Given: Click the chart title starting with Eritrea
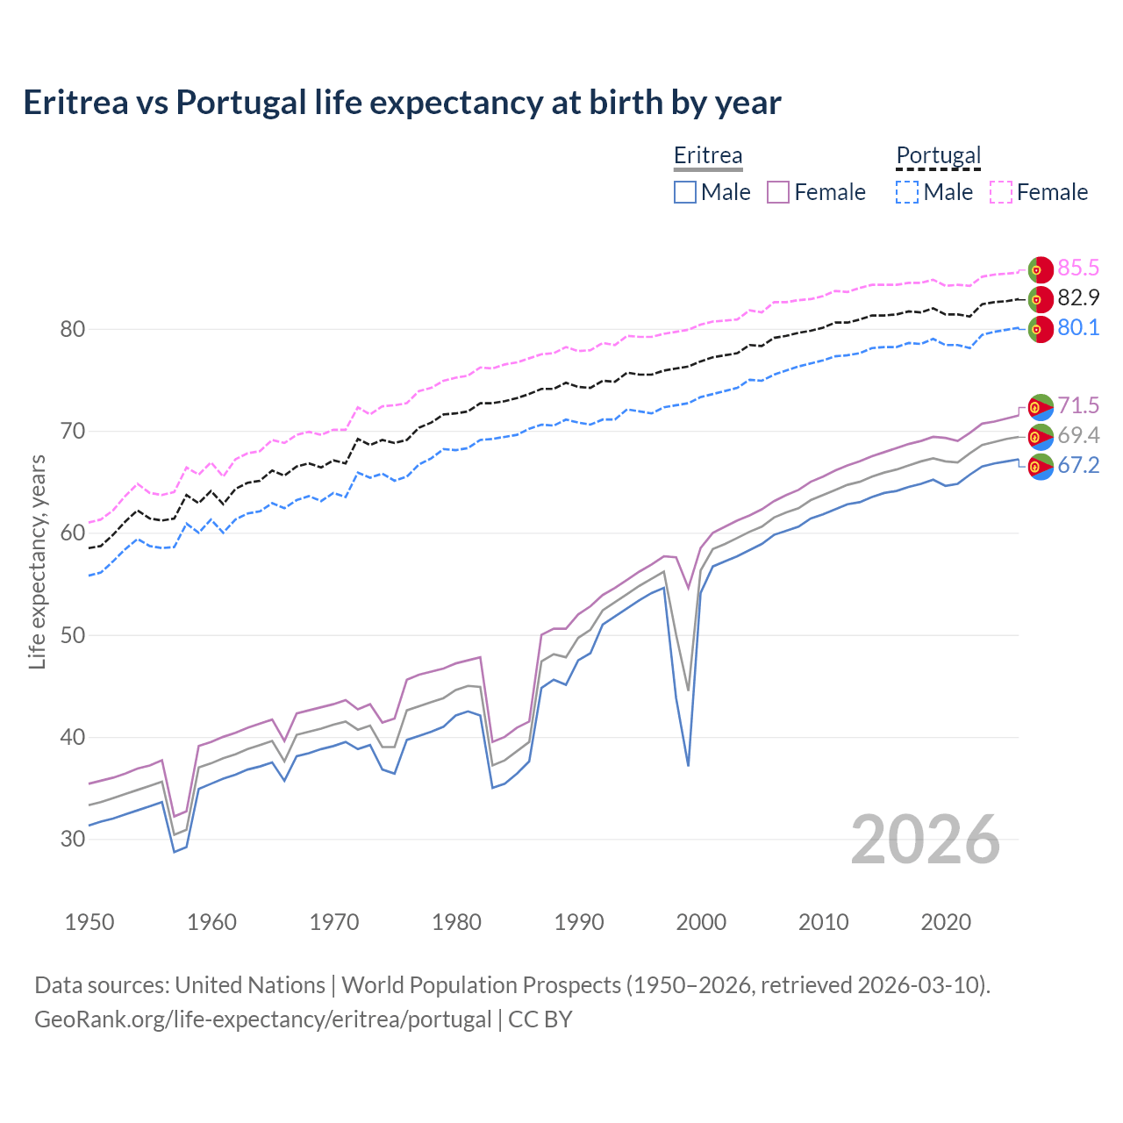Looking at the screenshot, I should click(x=402, y=103).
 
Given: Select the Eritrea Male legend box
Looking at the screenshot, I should click(x=685, y=192).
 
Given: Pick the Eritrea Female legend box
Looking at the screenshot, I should click(x=779, y=192).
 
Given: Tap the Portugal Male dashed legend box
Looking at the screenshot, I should click(x=907, y=192).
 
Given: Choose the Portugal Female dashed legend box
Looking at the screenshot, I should click(x=1001, y=192).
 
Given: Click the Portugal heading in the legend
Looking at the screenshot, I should click(x=938, y=155).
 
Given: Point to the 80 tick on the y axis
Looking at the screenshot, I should click(x=73, y=330).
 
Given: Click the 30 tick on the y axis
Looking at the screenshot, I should click(x=73, y=839).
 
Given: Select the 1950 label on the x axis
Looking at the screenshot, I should click(x=89, y=922).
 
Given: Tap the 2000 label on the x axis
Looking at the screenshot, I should click(x=701, y=922).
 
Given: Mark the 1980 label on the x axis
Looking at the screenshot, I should click(x=456, y=922).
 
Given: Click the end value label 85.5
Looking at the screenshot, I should click(x=1078, y=268).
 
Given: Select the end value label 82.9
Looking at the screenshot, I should click(x=1078, y=297).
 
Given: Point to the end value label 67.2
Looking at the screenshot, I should click(x=1078, y=465).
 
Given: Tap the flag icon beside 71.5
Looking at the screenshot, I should click(x=1040, y=407).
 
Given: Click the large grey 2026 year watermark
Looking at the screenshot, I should click(x=925, y=840).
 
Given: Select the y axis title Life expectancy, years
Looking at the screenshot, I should click(x=38, y=561).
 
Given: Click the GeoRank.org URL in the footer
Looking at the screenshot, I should click(x=263, y=1019).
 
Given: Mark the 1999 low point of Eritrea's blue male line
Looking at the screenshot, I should click(x=688, y=765).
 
